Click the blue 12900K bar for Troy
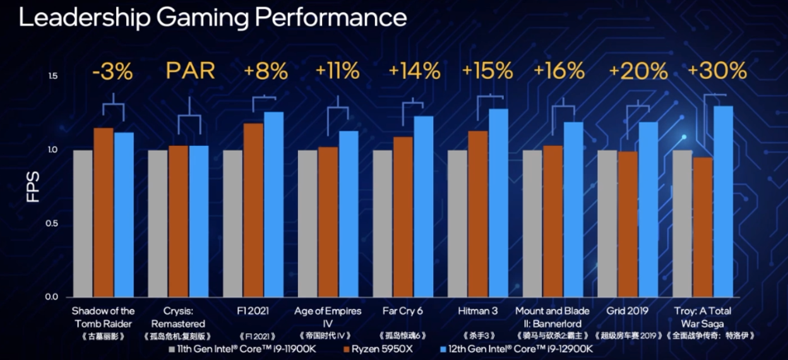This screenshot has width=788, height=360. coord(723,202)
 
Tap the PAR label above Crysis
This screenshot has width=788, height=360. coord(190,71)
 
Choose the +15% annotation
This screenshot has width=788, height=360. coord(487,71)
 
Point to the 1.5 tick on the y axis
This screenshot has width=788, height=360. coord(52,76)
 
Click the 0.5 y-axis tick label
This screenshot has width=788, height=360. coord(52,224)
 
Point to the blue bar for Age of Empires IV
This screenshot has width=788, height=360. coord(348,214)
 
